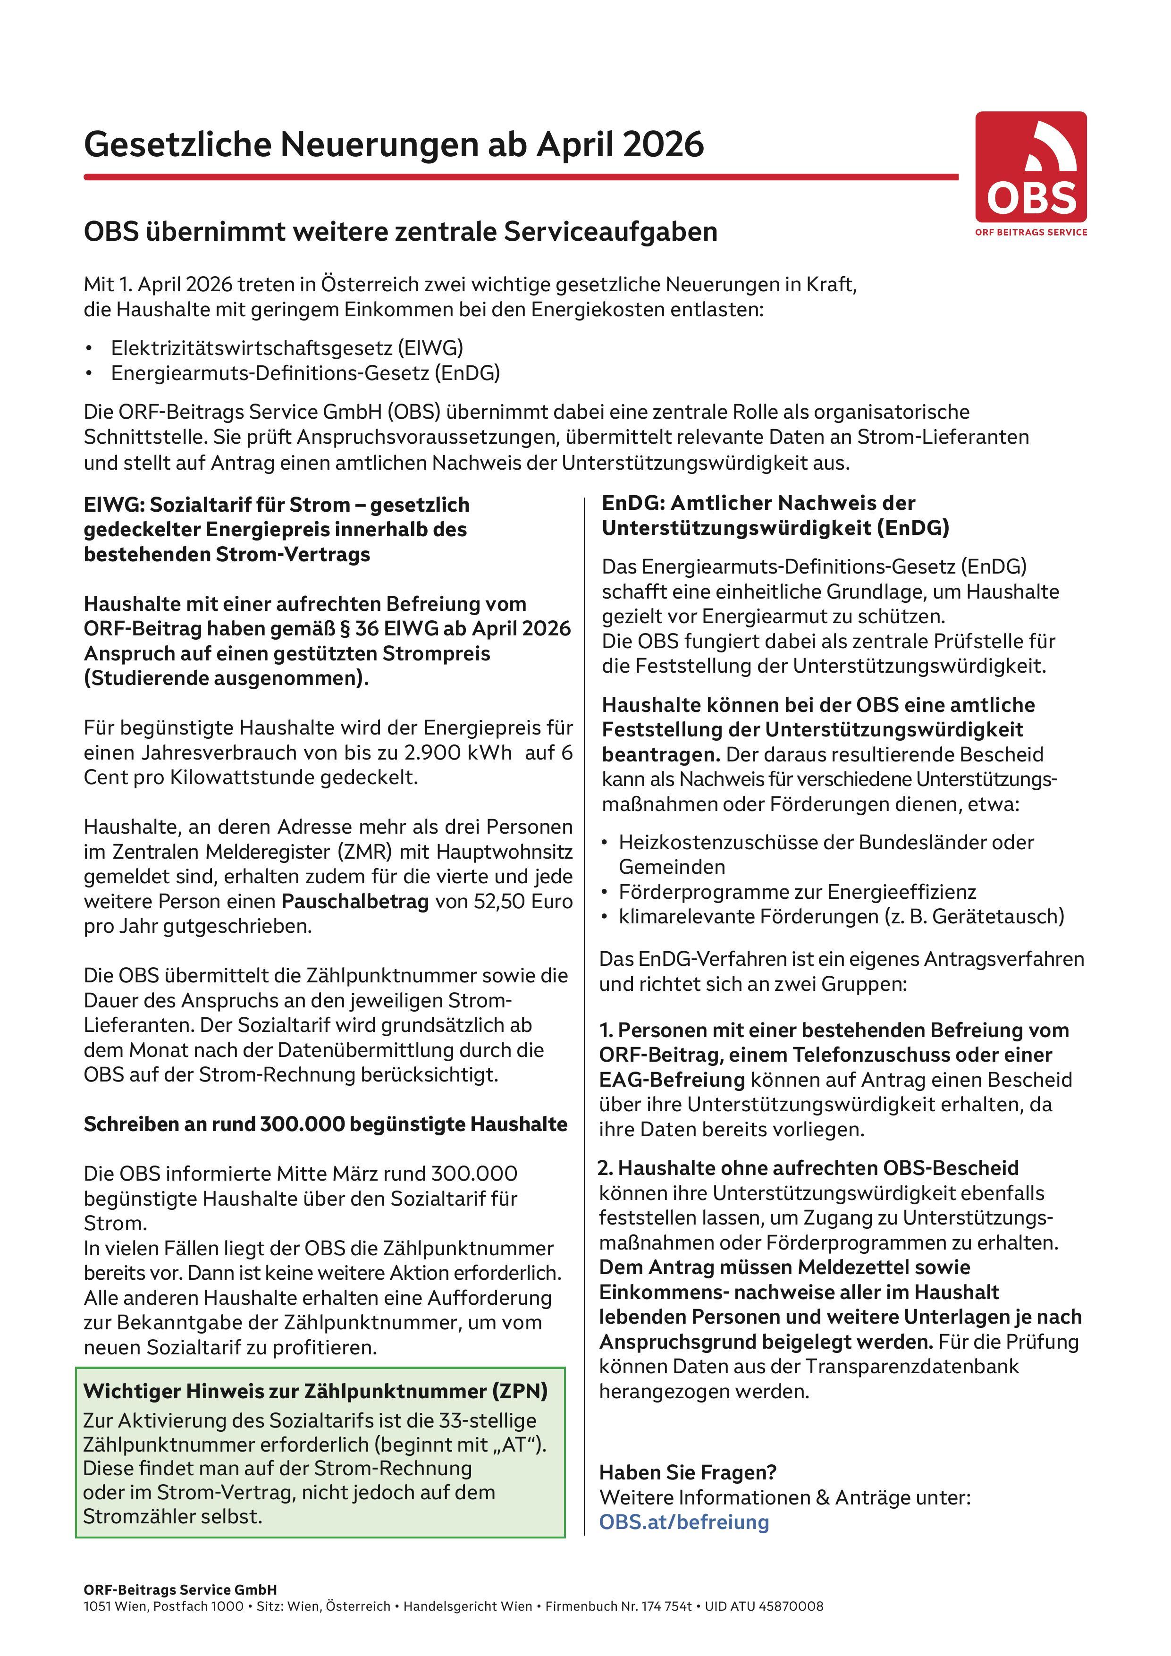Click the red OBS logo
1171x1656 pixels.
pyautogui.click(x=1030, y=167)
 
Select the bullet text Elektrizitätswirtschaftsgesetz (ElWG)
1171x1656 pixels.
pyautogui.click(x=287, y=347)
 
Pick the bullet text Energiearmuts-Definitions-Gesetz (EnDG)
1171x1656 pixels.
pyautogui.click(x=305, y=373)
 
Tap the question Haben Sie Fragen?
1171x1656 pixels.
pyautogui.click(x=687, y=1472)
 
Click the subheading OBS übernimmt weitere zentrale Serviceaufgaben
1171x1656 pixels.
pyautogui.click(x=400, y=231)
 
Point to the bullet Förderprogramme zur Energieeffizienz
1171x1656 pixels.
pyautogui.click(x=797, y=891)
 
